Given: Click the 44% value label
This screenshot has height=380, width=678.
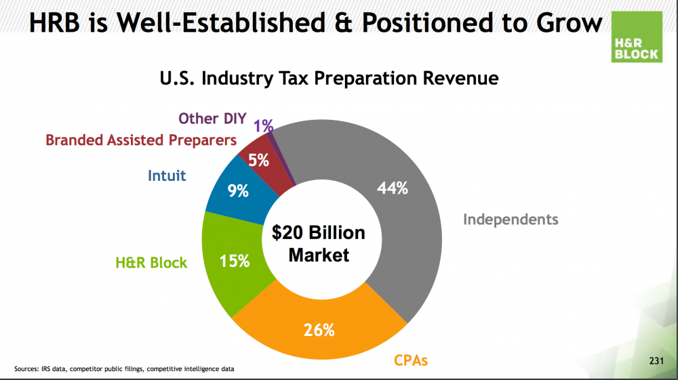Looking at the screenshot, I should click(393, 189).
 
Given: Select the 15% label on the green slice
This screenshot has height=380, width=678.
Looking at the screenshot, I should click(235, 260).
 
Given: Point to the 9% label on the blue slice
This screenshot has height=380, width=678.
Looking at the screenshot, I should click(238, 191).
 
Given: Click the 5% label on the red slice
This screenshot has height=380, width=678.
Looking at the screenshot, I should click(259, 161).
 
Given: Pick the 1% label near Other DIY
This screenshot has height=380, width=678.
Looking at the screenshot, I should click(264, 125).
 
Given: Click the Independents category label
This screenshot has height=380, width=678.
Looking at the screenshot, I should click(511, 219).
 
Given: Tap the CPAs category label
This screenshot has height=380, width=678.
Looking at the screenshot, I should click(411, 360).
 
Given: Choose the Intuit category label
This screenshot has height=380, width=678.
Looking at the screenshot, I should click(167, 176).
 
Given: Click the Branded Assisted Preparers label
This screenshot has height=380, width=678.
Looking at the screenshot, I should click(141, 140).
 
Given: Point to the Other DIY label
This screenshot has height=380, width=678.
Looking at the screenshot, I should click(212, 119).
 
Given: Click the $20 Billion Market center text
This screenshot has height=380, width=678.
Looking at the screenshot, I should click(319, 244).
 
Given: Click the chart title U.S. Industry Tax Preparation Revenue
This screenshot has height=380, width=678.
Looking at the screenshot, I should click(329, 79).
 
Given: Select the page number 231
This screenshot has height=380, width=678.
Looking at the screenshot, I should click(655, 361).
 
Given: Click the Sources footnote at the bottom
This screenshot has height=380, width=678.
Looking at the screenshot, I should click(125, 369).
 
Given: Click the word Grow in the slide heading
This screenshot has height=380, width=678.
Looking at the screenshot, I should click(566, 23).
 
